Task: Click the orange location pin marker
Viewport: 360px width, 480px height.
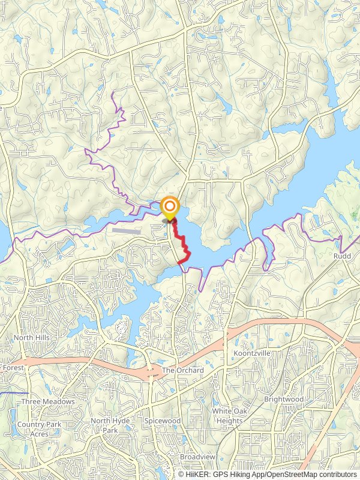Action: tap(170, 209)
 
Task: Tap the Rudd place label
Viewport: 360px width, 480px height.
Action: tap(342, 256)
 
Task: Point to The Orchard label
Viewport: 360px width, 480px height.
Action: tap(183, 370)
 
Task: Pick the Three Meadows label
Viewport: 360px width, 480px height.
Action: tap(48, 401)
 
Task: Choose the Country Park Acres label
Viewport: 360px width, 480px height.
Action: tap(40, 429)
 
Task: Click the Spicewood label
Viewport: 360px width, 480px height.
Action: tap(162, 421)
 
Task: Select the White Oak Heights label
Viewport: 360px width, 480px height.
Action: tap(227, 416)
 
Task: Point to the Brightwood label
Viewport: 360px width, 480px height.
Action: tap(283, 399)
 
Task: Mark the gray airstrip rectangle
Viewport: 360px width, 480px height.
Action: tap(124, 230)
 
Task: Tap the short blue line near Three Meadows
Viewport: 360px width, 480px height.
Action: tap(10, 392)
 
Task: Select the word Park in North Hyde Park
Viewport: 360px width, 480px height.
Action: tap(110, 430)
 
